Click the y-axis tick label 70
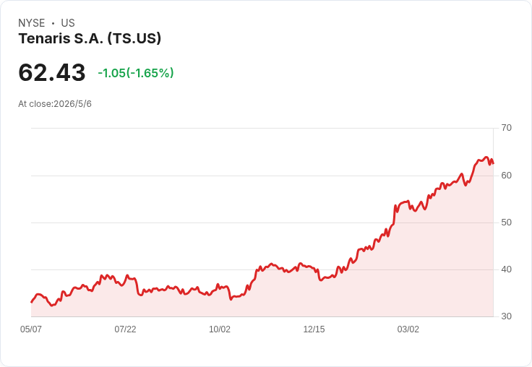pyautogui.click(x=506, y=128)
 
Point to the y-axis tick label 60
pyautogui.click(x=506, y=176)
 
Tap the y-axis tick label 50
pyautogui.click(x=506, y=223)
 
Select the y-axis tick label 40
pyautogui.click(x=506, y=269)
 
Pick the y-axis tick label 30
pyautogui.click(x=506, y=316)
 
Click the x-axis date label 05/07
pyautogui.click(x=31, y=329)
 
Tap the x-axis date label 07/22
pyautogui.click(x=125, y=329)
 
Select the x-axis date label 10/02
pyautogui.click(x=220, y=329)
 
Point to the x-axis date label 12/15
pyautogui.click(x=314, y=329)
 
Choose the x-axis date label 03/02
pyautogui.click(x=408, y=329)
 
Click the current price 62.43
pyautogui.click(x=52, y=72)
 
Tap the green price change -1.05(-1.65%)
pyautogui.click(x=136, y=73)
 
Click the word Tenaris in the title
pyautogui.click(x=44, y=38)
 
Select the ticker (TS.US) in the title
pyautogui.click(x=134, y=39)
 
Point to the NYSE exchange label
pyautogui.click(x=32, y=23)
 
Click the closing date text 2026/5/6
pyautogui.click(x=72, y=104)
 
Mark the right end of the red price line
pyautogui.click(x=493, y=163)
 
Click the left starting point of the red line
pyautogui.click(x=31, y=302)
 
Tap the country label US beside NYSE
pyautogui.click(x=68, y=23)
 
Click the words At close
pyautogui.click(x=35, y=104)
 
